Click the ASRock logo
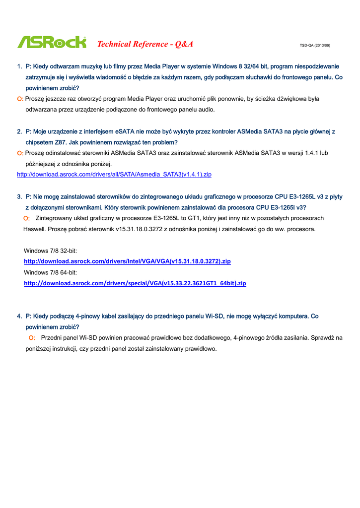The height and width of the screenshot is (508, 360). [x=52, y=43]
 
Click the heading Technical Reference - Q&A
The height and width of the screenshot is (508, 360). [x=145, y=44]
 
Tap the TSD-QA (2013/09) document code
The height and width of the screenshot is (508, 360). [x=315, y=46]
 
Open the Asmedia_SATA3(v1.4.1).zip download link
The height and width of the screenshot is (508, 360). [x=114, y=175]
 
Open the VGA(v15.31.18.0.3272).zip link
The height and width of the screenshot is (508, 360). [x=127, y=261]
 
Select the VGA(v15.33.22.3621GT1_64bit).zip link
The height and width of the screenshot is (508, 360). [x=135, y=283]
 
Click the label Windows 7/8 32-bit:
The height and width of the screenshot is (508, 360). [x=50, y=251]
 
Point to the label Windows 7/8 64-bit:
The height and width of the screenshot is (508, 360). [x=50, y=272]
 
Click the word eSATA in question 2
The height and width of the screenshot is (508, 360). [x=125, y=131]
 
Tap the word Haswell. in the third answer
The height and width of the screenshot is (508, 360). [x=34, y=229]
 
